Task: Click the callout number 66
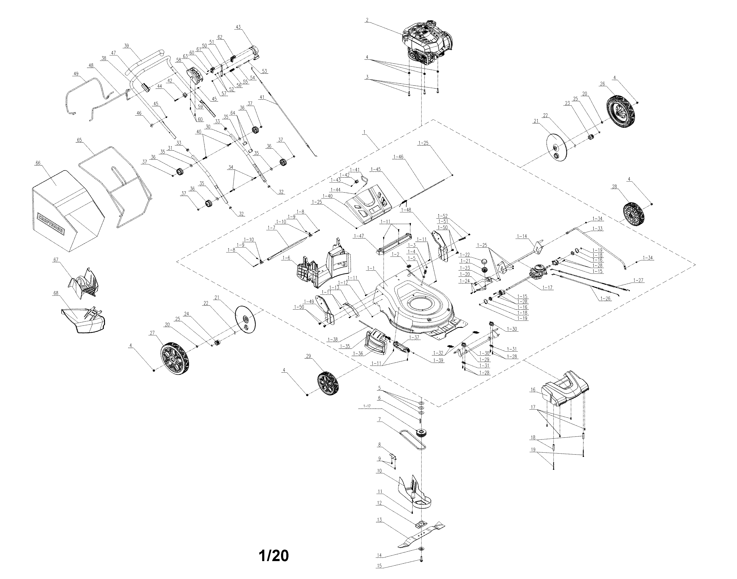[x=38, y=163]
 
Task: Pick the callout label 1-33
[x=598, y=229]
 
